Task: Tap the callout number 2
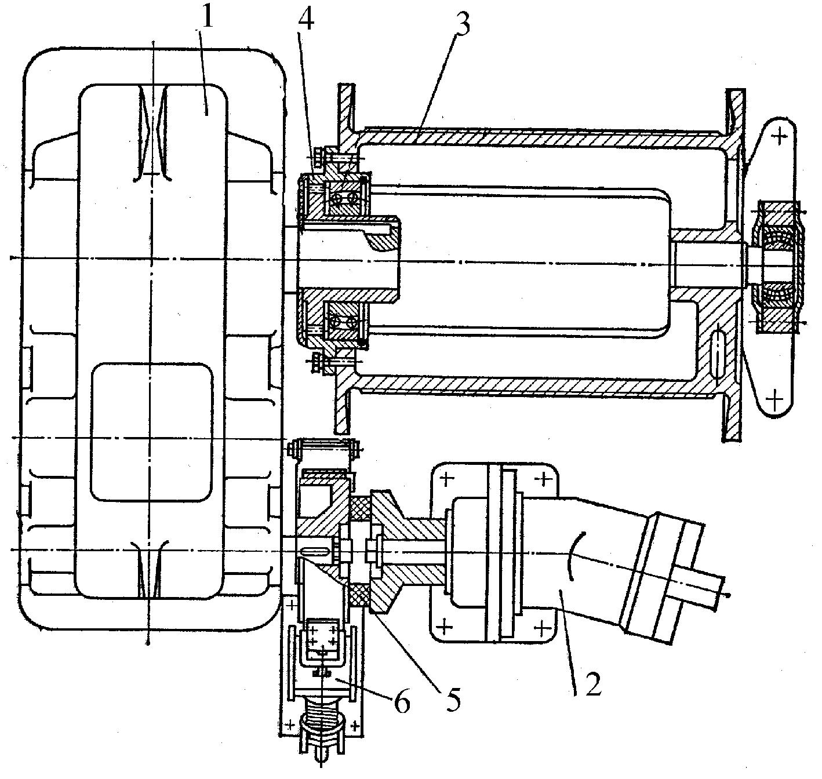[593, 685]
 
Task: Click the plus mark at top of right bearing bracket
[781, 136]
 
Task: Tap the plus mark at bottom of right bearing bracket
[773, 399]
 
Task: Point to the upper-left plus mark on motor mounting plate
[446, 479]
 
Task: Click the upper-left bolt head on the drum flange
[318, 155]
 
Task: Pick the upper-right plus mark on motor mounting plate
[544, 479]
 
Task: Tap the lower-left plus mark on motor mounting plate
[445, 627]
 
